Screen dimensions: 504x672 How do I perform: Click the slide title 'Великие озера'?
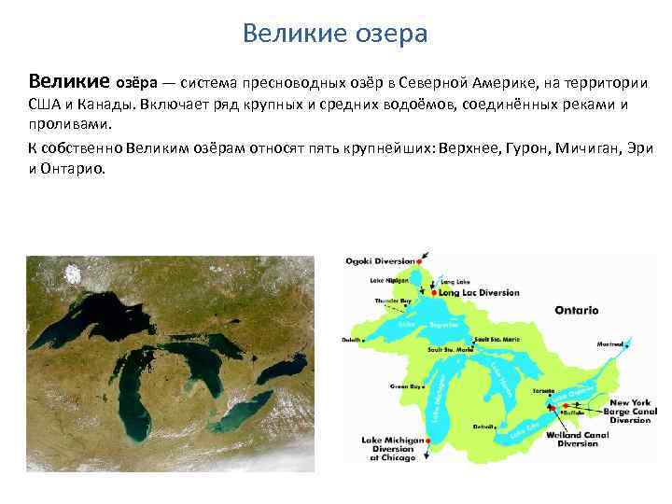pyautogui.click(x=335, y=34)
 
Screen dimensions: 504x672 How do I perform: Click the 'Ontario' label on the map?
pyautogui.click(x=576, y=310)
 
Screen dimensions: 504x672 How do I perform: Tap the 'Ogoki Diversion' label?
pyautogui.click(x=381, y=260)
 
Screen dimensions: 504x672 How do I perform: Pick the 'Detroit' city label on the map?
pyautogui.click(x=483, y=427)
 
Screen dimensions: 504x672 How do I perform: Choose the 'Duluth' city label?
pyautogui.click(x=353, y=341)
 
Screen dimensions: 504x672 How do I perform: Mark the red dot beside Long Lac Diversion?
pyautogui.click(x=434, y=293)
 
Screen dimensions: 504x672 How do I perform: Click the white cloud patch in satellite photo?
pyautogui.click(x=72, y=273)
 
